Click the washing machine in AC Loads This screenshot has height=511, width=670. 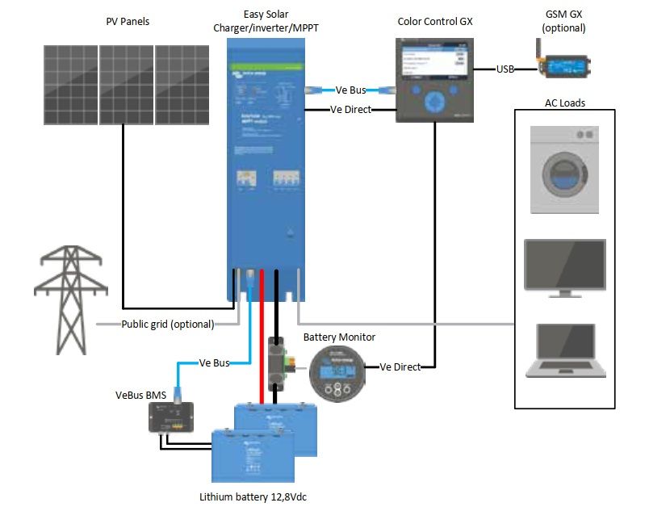(x=564, y=169)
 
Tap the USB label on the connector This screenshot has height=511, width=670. (x=505, y=69)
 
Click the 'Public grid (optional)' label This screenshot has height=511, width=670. (x=168, y=325)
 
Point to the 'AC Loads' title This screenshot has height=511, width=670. (x=564, y=103)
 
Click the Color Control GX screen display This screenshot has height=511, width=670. (x=433, y=64)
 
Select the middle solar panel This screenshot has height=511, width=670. (x=125, y=85)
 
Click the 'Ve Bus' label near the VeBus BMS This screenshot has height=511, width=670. (x=214, y=363)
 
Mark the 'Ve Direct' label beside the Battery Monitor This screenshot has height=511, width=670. (x=400, y=367)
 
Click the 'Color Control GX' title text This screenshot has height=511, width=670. (x=435, y=22)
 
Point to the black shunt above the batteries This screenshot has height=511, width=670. (x=276, y=363)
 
